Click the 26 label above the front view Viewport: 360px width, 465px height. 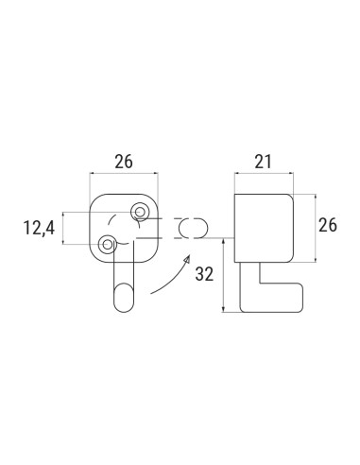point(123,163)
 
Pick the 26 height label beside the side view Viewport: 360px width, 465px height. point(328,227)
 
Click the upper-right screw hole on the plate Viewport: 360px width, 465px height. point(141,210)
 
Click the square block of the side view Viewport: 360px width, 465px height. point(264,227)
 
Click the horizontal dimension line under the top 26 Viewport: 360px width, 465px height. point(124,174)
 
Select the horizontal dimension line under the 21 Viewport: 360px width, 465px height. point(264,174)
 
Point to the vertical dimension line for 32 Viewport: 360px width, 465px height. point(224,274)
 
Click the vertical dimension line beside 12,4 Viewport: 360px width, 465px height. point(64,228)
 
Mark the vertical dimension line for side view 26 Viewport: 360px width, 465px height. point(311,227)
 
